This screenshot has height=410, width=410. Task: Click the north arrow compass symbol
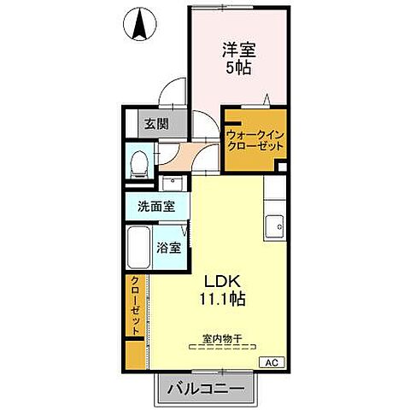point(138,25)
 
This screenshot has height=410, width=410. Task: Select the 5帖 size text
point(238,68)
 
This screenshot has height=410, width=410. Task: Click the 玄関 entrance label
point(155,123)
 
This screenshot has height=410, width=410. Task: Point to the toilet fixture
point(138,161)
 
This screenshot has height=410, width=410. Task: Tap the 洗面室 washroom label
point(157,206)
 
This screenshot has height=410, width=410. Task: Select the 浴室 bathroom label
point(168,249)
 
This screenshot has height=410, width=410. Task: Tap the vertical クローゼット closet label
point(135,306)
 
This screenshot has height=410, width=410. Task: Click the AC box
point(271,363)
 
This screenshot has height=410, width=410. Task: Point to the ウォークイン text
point(255,133)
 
